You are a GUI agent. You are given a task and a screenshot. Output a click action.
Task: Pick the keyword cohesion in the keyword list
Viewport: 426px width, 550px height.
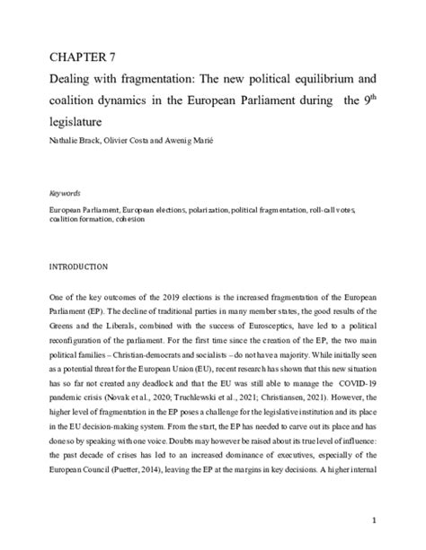pyautogui.click(x=147, y=218)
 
